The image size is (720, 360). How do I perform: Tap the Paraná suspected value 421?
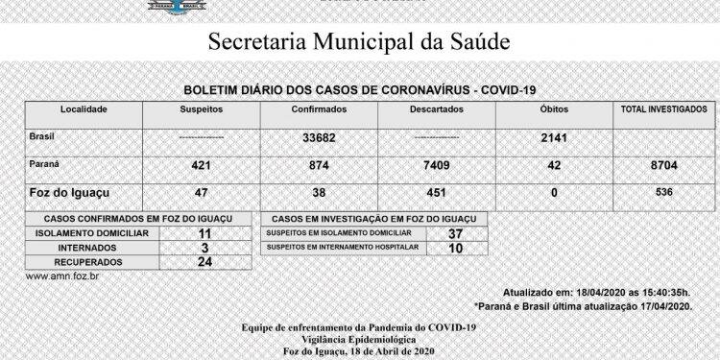click(203, 166)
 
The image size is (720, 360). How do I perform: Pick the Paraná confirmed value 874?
click(318, 166)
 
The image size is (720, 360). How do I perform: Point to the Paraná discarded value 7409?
click(437, 166)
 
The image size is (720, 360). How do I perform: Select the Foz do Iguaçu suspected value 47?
click(203, 193)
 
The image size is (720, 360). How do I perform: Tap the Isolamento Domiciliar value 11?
click(204, 233)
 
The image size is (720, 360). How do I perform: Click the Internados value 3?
click(204, 247)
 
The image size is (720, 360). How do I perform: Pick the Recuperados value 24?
click(204, 260)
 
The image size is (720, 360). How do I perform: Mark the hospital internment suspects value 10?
click(455, 248)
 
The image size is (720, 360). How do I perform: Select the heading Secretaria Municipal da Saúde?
click(359, 43)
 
